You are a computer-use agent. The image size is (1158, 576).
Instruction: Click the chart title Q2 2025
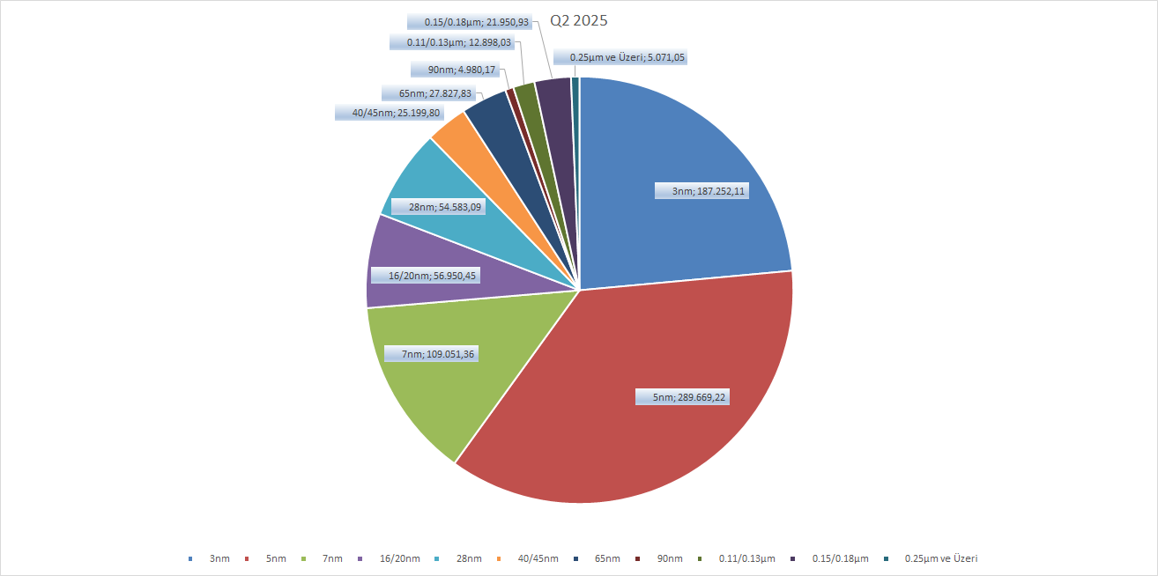(x=579, y=20)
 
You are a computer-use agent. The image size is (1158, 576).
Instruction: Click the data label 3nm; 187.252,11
(x=703, y=190)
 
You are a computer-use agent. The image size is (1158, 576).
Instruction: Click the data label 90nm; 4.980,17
(x=455, y=70)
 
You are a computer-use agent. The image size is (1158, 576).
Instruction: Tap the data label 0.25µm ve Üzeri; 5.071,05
(x=627, y=57)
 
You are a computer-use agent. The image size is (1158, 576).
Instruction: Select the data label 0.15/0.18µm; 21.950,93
(x=471, y=21)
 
